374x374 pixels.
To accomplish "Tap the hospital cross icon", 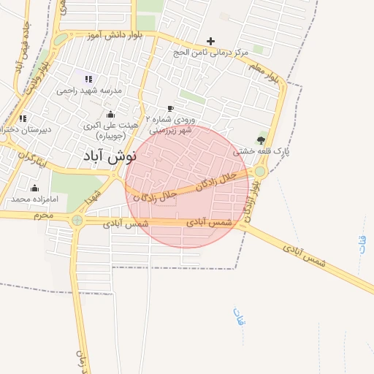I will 211,41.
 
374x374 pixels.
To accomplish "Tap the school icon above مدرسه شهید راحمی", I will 89,79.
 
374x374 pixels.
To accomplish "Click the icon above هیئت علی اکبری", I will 110,114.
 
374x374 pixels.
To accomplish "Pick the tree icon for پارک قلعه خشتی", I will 262,140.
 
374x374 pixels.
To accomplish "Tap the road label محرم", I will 42,215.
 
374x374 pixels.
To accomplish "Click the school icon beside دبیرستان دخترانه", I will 23,118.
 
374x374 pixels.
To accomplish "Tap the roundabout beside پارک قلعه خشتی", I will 260,172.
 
